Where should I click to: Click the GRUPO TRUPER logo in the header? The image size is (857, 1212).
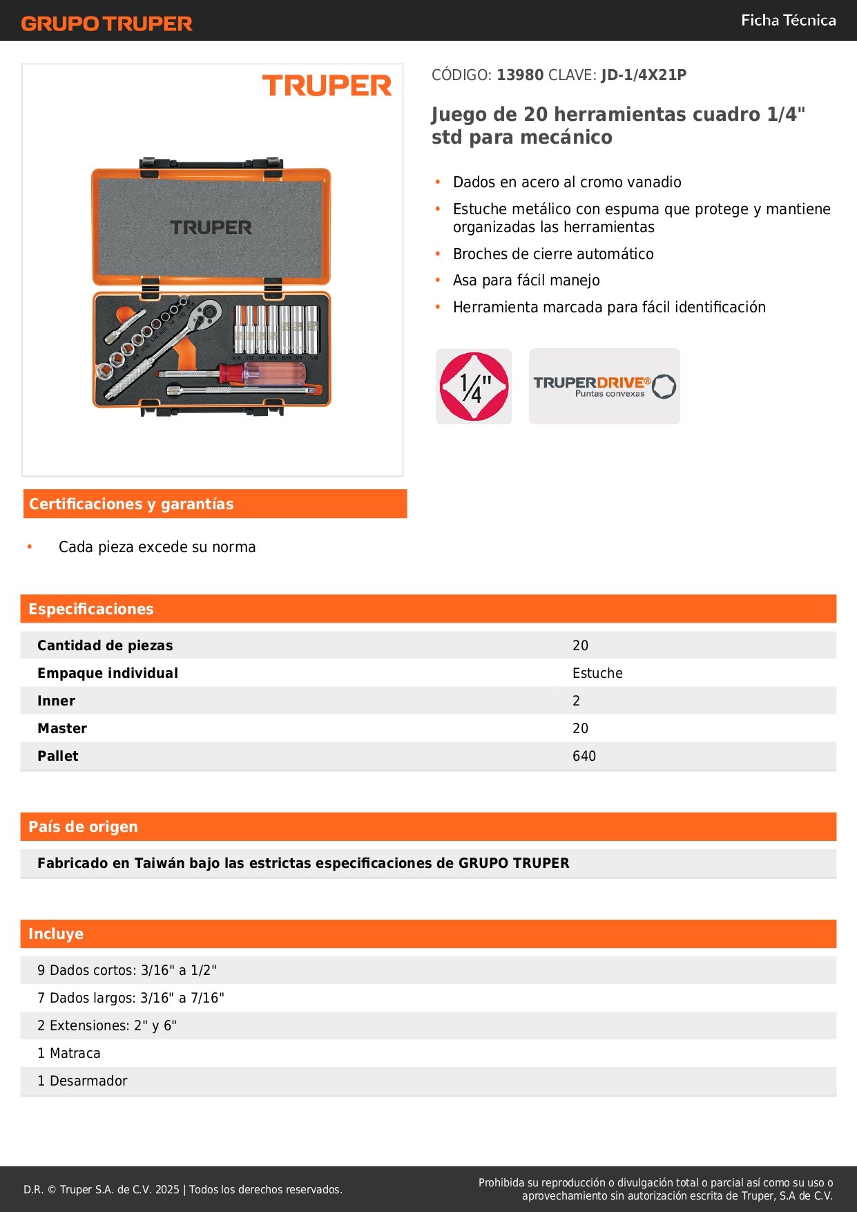coord(107,23)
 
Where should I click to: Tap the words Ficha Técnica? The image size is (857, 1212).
coord(788,20)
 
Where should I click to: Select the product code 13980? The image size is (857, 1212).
coord(520,75)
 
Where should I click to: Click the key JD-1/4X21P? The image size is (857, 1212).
coord(644,75)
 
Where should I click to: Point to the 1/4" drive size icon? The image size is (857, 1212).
coord(474,386)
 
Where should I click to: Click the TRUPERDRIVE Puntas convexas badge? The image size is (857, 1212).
coord(604,386)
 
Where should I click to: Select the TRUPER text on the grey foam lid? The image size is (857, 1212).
coord(211,227)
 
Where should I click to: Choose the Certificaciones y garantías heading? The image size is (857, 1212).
coord(131,504)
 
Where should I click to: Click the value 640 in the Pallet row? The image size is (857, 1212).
coord(584,756)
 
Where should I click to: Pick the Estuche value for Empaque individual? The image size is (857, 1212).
coord(597,673)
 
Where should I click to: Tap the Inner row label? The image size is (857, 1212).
coord(57,701)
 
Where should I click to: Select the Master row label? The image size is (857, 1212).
coord(62,728)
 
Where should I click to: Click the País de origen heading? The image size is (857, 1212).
coord(83,826)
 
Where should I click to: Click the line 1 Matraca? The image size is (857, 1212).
coord(69,1053)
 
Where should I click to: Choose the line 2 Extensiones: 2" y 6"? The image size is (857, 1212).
coord(107,1025)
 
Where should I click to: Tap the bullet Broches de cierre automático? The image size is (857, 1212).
coord(553,254)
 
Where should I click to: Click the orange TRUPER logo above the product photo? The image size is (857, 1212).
coord(327,86)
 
